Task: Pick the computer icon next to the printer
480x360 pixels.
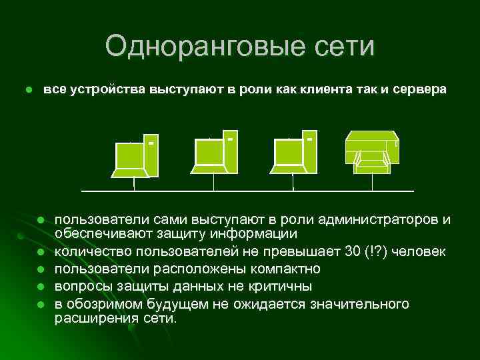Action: [x=295, y=154]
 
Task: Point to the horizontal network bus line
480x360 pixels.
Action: [x=247, y=191]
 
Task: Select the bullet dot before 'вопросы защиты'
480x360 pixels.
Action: [x=41, y=287]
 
